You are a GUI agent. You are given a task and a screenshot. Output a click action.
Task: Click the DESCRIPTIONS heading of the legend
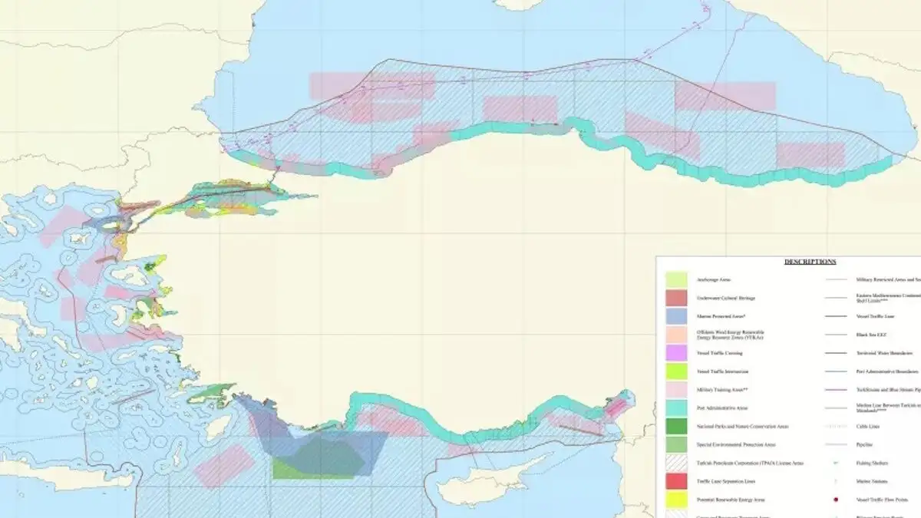[x=810, y=262]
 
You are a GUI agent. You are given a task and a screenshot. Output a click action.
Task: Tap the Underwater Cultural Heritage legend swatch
[x=676, y=298]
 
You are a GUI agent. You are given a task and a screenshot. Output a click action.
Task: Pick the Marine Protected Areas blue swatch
[x=676, y=316]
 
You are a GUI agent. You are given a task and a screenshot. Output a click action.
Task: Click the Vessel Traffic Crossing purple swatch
[x=676, y=353]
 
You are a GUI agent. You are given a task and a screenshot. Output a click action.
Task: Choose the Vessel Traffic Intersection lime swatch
[x=676, y=371]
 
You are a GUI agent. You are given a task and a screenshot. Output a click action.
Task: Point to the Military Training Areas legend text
[x=715, y=390]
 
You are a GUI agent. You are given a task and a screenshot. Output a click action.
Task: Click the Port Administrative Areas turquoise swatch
[x=676, y=408]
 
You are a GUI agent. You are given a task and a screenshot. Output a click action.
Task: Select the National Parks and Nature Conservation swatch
[x=676, y=427]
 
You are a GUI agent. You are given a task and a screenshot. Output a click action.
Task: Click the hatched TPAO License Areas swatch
[x=676, y=464]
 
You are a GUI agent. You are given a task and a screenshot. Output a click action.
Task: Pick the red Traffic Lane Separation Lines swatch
[x=676, y=482]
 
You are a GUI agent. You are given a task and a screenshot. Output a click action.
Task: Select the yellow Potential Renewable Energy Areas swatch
[x=676, y=500]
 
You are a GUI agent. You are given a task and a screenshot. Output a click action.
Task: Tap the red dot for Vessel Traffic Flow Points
[x=834, y=500]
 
